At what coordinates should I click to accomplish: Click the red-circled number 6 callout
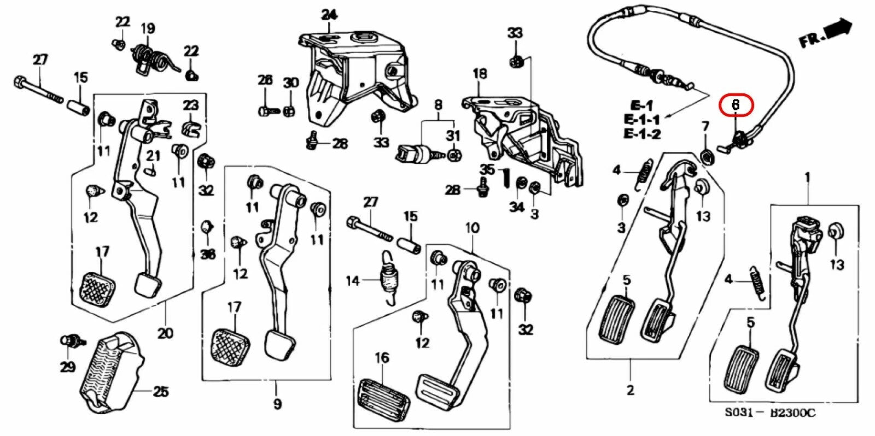(736, 104)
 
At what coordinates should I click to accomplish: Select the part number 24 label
(329, 15)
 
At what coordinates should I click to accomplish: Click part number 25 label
(160, 391)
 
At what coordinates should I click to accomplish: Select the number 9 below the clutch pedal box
(277, 404)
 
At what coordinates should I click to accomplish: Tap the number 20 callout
(165, 333)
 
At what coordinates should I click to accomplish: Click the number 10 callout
(472, 227)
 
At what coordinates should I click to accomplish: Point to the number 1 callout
(807, 177)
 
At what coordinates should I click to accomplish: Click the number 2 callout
(630, 390)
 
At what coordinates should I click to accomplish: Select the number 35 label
(487, 169)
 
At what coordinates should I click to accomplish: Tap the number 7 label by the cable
(705, 127)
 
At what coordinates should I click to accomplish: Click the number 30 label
(290, 83)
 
